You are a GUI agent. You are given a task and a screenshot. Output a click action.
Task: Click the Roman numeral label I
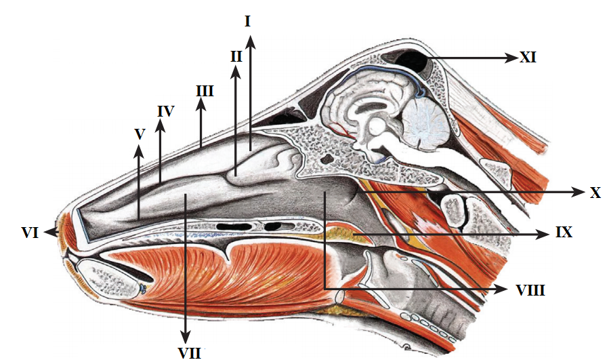tap(248, 22)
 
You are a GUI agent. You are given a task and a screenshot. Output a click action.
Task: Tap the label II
tap(236, 57)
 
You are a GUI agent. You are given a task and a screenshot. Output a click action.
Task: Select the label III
tap(204, 90)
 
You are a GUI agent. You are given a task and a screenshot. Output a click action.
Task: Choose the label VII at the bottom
tap(186, 353)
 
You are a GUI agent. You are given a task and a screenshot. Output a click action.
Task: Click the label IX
tap(564, 235)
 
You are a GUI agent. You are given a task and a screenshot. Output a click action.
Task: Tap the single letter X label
tap(595, 193)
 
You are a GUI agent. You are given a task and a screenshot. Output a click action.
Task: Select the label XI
tap(528, 58)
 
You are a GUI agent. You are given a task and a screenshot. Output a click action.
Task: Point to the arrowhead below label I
tap(251, 41)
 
